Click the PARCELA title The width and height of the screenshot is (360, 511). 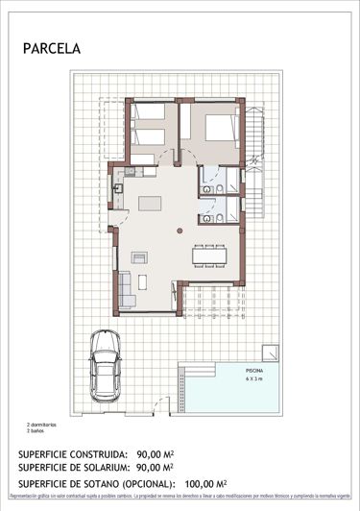[x=52, y=46]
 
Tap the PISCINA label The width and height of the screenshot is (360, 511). [x=252, y=369]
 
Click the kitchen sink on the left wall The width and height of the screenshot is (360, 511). [x=119, y=189]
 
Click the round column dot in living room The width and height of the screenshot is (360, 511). [x=177, y=230]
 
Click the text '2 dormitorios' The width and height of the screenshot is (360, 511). [x=42, y=424]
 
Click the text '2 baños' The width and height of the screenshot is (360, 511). [x=36, y=430]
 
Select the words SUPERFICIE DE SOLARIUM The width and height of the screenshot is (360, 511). [x=74, y=469]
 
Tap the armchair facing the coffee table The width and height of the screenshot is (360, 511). [x=139, y=256]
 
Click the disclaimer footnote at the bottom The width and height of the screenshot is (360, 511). [x=180, y=497]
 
